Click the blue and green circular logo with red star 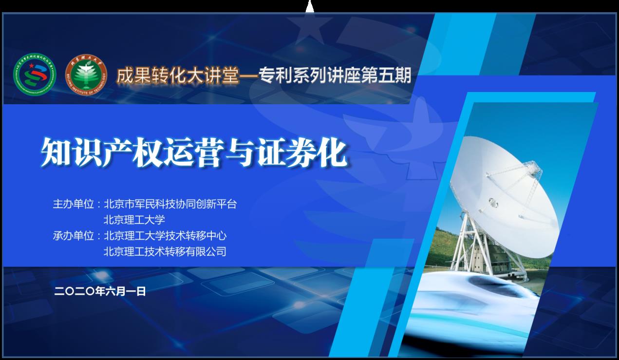pos(35,75)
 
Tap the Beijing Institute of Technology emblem pos(86,75)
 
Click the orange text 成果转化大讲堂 pos(178,75)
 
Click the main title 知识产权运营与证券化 pos(194,152)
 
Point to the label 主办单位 pos(73,204)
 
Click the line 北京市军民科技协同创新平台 pos(170,204)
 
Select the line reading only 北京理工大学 pos(134,220)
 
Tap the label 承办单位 pos(73,236)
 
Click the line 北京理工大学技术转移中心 pos(165,236)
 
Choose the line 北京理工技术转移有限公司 pos(165,252)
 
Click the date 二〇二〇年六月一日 pos(100,291)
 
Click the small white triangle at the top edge pos(310,7)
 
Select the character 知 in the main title pos(56,152)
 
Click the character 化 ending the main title pos(333,152)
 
